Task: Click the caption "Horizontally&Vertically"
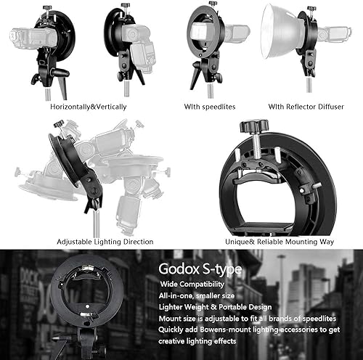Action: point(89,107)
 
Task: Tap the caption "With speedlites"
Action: point(210,107)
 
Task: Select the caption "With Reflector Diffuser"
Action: point(306,107)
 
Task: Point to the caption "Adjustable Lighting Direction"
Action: point(105,242)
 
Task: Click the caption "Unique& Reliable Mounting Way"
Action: point(280,242)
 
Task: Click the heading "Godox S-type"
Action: point(200,269)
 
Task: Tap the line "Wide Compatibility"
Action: point(192,284)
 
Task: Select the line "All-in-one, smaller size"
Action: point(197,295)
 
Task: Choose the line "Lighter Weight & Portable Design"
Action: point(215,307)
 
